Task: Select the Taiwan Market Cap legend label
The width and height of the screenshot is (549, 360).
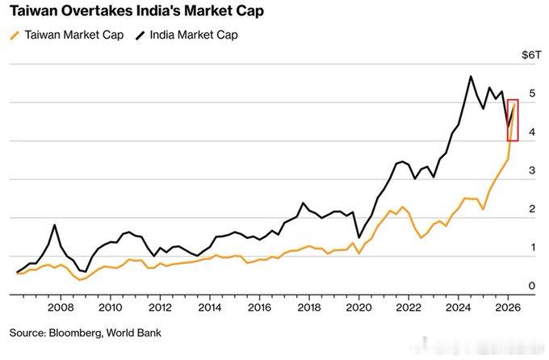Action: [x=74, y=35]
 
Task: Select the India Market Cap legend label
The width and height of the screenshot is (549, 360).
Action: [x=194, y=35]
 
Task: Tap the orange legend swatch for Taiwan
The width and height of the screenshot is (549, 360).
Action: [x=15, y=36]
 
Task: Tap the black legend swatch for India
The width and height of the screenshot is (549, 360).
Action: [x=140, y=36]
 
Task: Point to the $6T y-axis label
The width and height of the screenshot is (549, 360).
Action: [x=531, y=55]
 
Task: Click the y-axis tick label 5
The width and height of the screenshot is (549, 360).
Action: [x=532, y=93]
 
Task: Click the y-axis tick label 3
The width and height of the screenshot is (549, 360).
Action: [x=532, y=170]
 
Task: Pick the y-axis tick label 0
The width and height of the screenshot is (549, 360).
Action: [x=532, y=286]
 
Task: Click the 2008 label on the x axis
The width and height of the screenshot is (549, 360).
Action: [x=61, y=308]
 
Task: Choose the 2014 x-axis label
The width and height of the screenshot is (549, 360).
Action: [x=210, y=308]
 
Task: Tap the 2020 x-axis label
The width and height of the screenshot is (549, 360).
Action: [x=359, y=308]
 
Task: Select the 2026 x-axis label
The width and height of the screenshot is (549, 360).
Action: [x=508, y=308]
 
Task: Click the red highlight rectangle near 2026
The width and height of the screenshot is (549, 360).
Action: [x=508, y=120]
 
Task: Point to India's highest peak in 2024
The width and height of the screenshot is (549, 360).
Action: [x=471, y=77]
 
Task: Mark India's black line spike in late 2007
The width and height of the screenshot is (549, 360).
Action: [x=55, y=225]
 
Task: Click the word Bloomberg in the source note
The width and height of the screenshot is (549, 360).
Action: [x=74, y=333]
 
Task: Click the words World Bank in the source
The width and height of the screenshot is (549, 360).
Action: [x=134, y=333]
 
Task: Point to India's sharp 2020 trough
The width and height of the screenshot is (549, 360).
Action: [x=359, y=237]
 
